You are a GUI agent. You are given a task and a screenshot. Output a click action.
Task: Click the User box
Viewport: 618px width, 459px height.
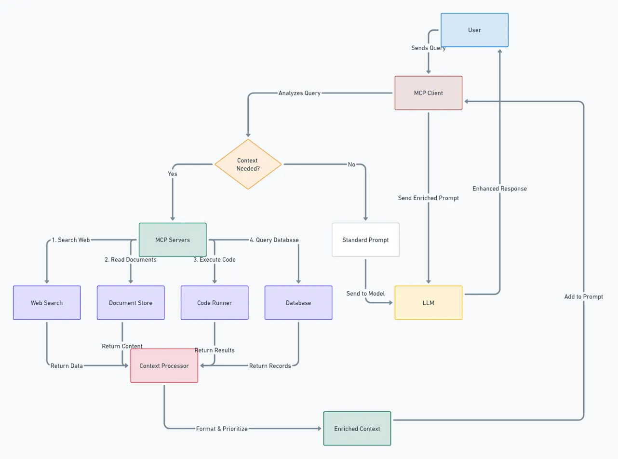(474, 30)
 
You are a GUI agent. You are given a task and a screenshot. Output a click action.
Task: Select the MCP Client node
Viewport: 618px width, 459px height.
(428, 93)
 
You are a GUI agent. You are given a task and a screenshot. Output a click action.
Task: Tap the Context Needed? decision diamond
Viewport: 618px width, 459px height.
(248, 164)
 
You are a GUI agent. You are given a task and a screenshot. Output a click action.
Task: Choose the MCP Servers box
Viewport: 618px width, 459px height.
(173, 240)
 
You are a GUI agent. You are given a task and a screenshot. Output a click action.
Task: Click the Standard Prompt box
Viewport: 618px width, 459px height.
(365, 240)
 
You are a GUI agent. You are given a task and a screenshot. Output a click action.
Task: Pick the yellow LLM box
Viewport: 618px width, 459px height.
(428, 302)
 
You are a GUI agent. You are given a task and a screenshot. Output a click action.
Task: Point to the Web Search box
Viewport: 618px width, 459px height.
(47, 303)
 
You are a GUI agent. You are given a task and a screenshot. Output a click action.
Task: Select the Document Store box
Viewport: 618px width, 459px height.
(131, 303)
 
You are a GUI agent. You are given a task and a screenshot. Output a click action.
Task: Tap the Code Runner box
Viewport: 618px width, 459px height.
(215, 303)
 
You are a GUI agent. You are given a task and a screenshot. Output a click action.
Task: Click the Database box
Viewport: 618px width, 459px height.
(298, 303)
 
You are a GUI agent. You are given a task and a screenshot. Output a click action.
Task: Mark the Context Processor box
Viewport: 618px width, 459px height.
(164, 365)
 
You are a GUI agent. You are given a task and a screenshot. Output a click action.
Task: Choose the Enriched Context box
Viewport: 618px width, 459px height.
(357, 429)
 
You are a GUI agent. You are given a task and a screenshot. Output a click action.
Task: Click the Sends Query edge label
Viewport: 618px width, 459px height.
(428, 48)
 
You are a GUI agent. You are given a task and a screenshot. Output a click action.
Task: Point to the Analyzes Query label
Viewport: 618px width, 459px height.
(299, 93)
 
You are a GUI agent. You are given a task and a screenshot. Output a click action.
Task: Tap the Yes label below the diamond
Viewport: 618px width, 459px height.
(173, 174)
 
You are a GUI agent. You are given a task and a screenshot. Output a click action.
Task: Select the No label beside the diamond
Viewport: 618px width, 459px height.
(351, 164)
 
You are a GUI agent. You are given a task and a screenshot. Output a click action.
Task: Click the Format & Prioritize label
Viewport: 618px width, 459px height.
(222, 429)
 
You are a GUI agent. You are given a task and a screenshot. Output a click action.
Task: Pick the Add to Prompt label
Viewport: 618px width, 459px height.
(583, 297)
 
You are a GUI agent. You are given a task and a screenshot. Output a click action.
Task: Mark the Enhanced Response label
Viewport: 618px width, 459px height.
(499, 189)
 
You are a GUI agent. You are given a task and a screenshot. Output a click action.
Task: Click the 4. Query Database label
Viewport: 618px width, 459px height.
(274, 240)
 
